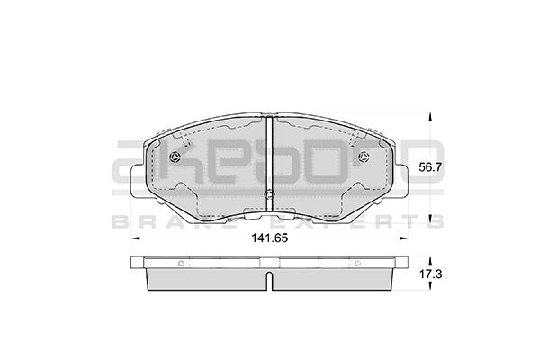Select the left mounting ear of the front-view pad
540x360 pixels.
coord(142,175)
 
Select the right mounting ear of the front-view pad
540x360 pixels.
coord(399,175)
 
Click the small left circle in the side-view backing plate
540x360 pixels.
coord(180,264)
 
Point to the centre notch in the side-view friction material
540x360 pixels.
coord(270,281)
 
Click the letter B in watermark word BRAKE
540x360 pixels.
coord(118,221)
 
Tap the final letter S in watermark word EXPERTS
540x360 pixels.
coord(436,221)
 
